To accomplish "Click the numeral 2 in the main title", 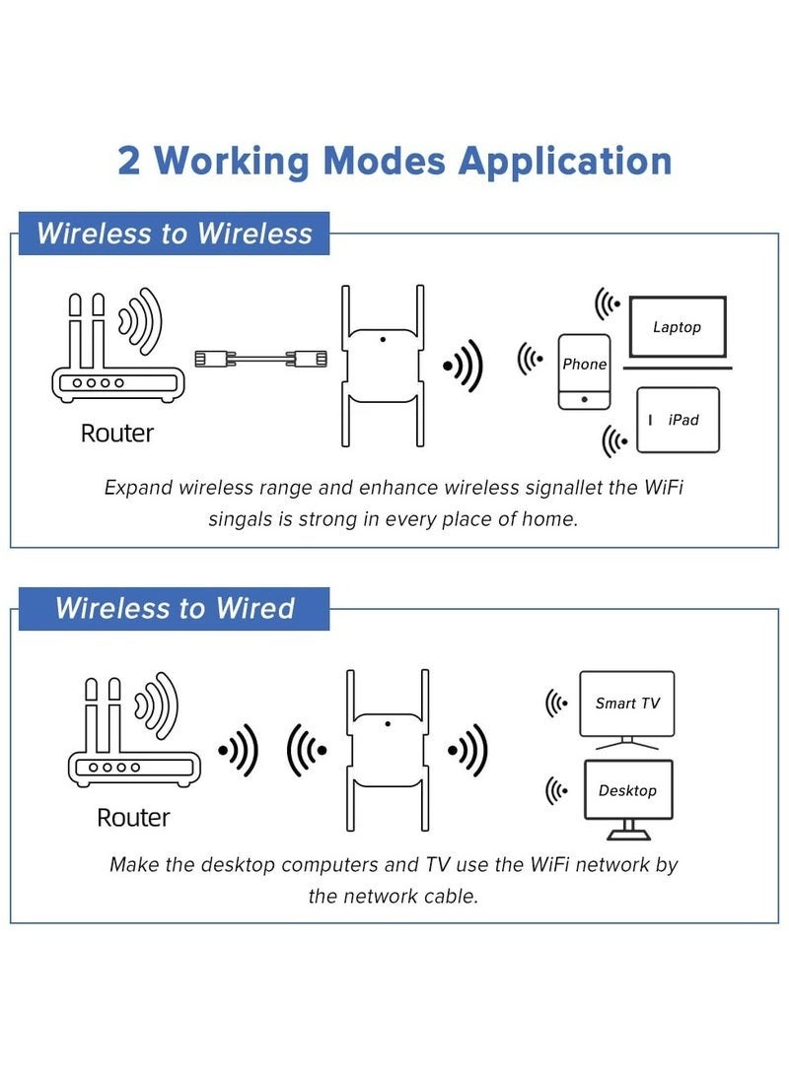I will click(x=129, y=161).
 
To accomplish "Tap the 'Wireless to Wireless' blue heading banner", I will click(x=175, y=234).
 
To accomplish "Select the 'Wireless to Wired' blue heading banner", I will click(x=175, y=608).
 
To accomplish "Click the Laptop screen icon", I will click(x=677, y=327).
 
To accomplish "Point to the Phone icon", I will click(x=584, y=371).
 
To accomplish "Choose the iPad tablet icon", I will click(x=678, y=420).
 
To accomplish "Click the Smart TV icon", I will click(x=627, y=704).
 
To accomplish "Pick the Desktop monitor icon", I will click(x=627, y=790).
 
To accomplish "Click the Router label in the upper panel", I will click(x=117, y=433).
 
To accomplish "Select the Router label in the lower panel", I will click(x=133, y=817).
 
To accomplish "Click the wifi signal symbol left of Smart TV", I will click(x=557, y=704).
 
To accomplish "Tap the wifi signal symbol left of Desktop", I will click(x=557, y=790).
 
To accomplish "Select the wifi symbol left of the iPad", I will click(x=615, y=438).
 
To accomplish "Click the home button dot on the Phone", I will click(x=584, y=399).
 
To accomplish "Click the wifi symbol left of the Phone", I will click(x=531, y=360).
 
